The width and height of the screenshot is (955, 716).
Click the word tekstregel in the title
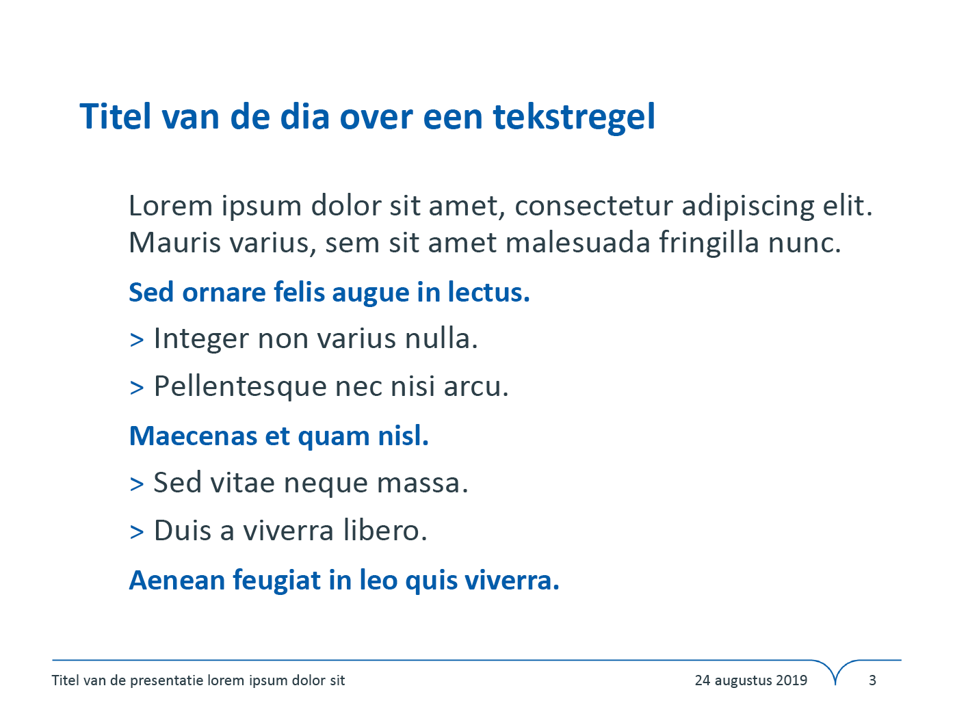tap(574, 118)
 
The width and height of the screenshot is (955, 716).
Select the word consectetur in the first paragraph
tap(594, 206)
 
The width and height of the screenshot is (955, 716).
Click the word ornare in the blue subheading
tap(224, 293)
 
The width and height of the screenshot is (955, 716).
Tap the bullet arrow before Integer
tap(137, 340)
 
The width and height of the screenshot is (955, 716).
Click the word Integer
tap(201, 339)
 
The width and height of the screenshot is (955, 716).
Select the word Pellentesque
tap(240, 387)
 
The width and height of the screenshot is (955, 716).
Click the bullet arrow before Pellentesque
tap(137, 388)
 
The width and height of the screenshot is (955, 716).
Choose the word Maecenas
tap(193, 436)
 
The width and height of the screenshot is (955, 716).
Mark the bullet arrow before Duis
tap(137, 532)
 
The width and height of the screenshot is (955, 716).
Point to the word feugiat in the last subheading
tap(276, 581)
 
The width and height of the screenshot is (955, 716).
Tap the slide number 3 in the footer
tap(872, 680)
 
